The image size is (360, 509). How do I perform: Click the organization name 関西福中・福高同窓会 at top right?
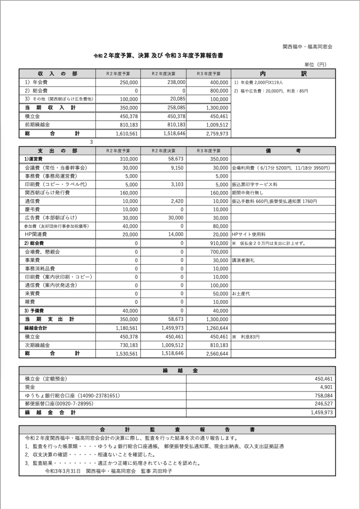pos(307,46)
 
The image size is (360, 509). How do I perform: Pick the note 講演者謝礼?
pos(243,260)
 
